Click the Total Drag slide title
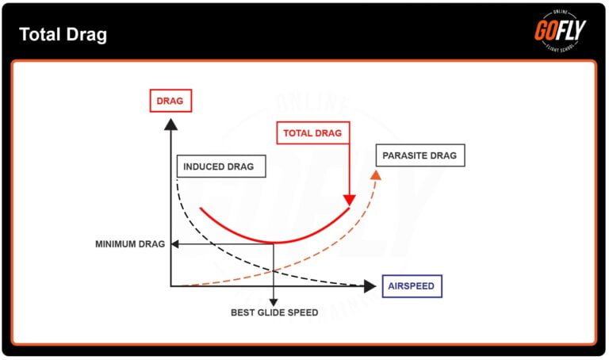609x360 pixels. tap(63, 35)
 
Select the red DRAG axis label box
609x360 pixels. tap(170, 101)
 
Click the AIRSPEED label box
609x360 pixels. tap(412, 285)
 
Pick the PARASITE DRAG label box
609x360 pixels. tap(419, 155)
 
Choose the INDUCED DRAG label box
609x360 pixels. tap(218, 167)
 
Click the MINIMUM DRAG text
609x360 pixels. tap(130, 244)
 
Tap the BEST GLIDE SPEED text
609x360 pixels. tap(274, 312)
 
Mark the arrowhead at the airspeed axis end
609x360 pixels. tap(370, 285)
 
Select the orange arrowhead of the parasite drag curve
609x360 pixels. tap(377, 176)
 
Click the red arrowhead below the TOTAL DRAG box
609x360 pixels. tap(349, 200)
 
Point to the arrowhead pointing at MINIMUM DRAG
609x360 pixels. tap(176, 244)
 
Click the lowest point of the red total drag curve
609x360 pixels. tap(274, 242)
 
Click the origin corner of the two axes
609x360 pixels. tap(170, 285)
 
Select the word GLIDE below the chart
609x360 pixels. tap(274, 312)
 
